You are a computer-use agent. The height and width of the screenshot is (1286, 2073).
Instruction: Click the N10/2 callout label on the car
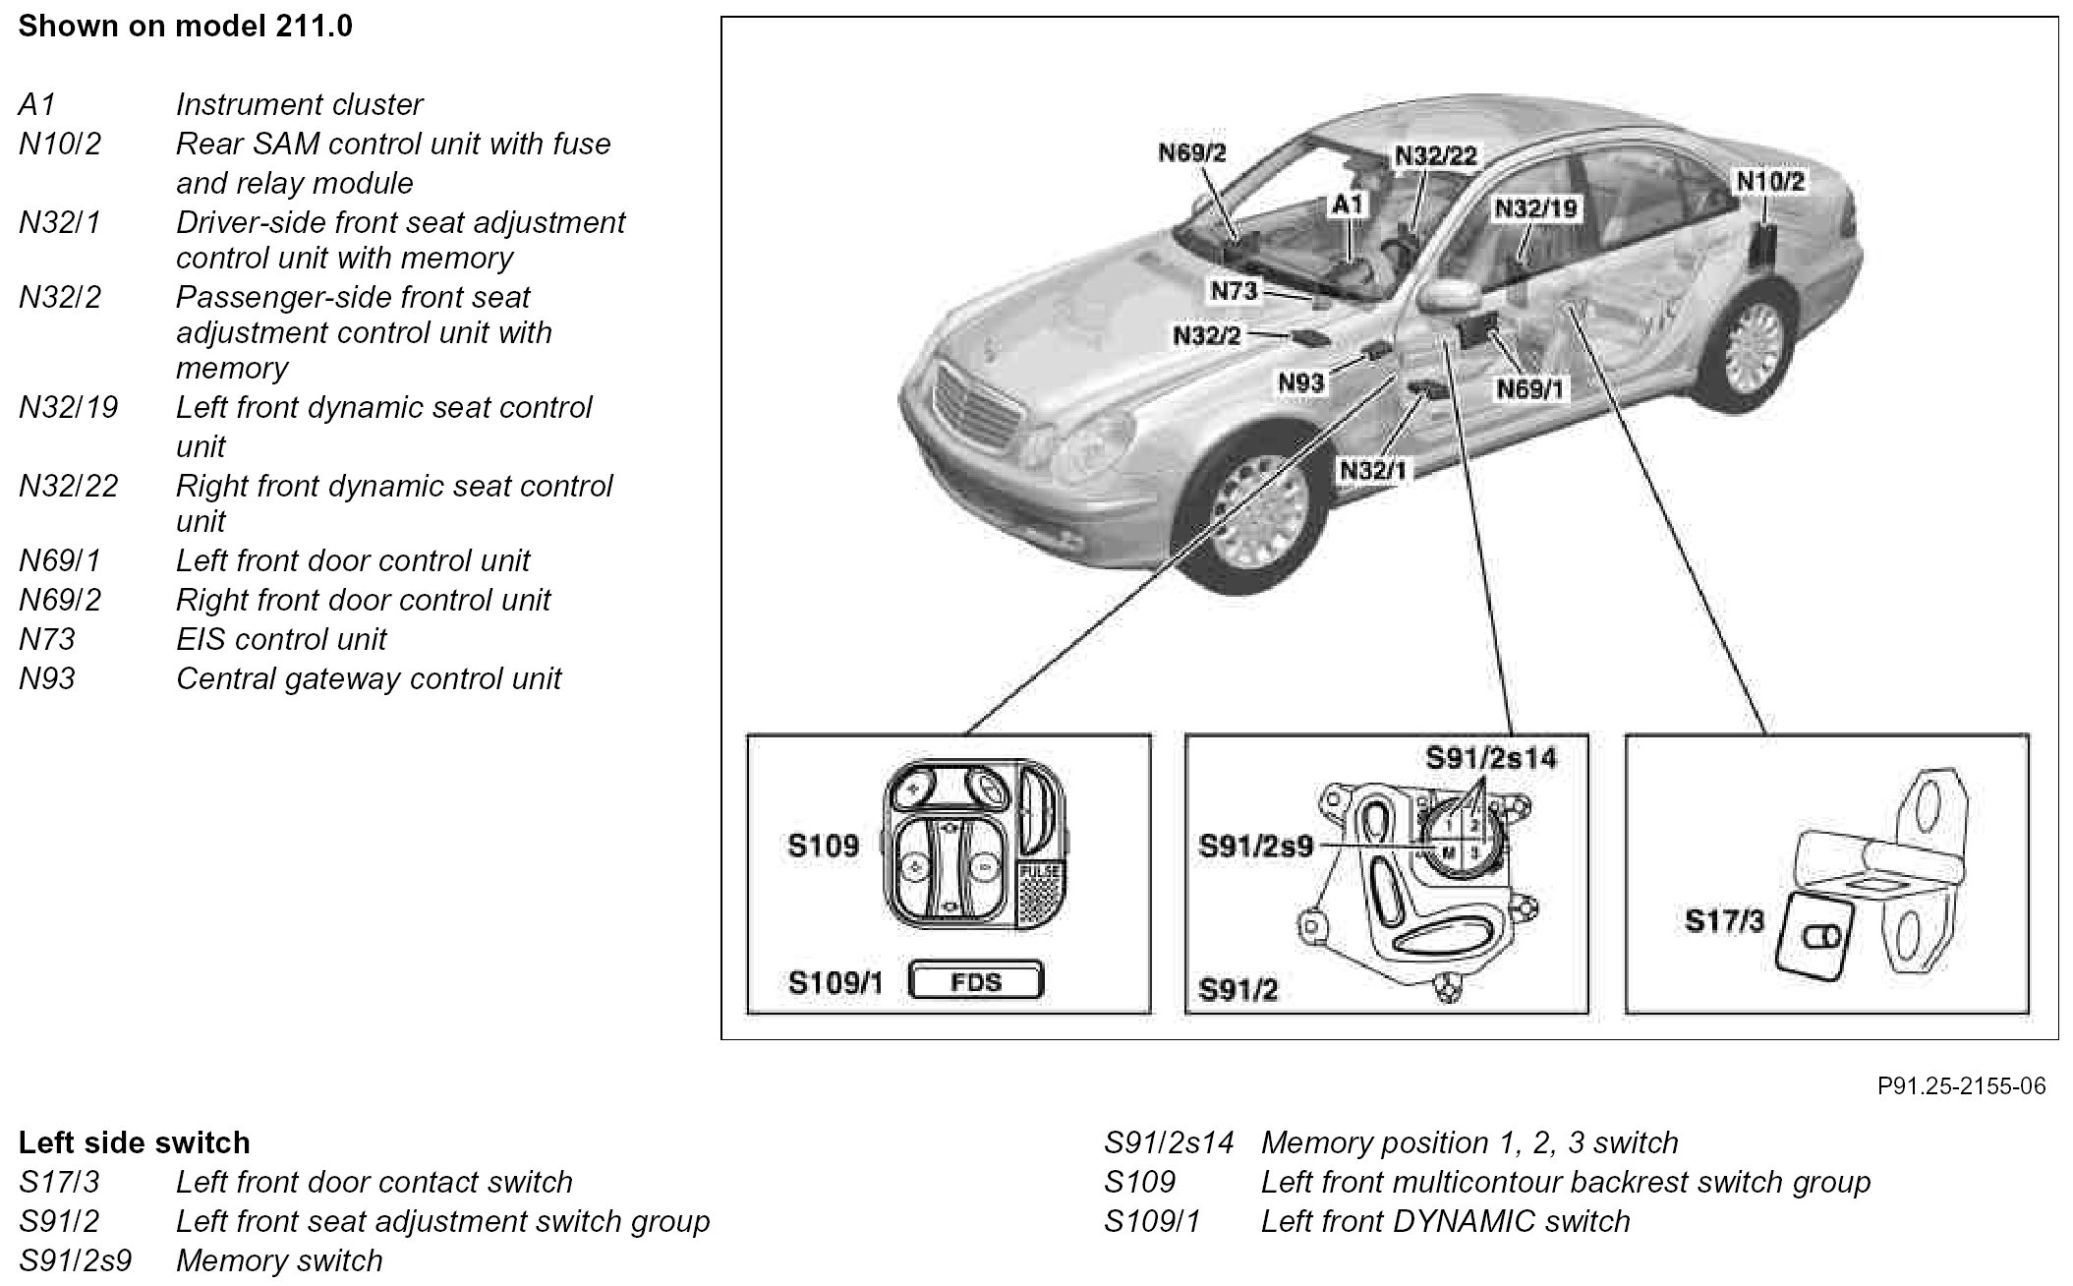pyautogui.click(x=1770, y=181)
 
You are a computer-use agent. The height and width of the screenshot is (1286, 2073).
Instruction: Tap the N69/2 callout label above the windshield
pyautogui.click(x=1191, y=152)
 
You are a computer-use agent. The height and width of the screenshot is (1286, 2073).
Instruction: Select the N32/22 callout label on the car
pyautogui.click(x=1435, y=157)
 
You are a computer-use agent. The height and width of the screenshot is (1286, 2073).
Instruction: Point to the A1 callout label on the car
pyautogui.click(x=1348, y=205)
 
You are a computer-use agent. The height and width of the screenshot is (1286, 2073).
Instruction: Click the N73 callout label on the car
pyautogui.click(x=1234, y=291)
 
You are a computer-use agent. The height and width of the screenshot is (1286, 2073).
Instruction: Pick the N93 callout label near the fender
pyautogui.click(x=1301, y=381)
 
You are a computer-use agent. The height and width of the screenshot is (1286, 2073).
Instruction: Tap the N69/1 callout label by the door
pyautogui.click(x=1529, y=389)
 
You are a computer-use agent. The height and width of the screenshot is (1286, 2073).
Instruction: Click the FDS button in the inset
pyautogui.click(x=976, y=981)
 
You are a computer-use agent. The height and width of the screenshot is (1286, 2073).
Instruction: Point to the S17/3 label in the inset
pyautogui.click(x=1723, y=921)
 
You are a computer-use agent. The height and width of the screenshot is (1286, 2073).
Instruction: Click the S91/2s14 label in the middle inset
pyautogui.click(x=1491, y=758)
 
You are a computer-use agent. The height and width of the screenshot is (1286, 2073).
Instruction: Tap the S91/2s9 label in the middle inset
pyautogui.click(x=1255, y=847)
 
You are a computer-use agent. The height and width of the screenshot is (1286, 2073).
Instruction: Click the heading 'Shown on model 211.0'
pyautogui.click(x=185, y=26)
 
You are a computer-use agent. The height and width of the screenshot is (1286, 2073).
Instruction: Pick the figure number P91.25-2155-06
pyautogui.click(x=1961, y=1085)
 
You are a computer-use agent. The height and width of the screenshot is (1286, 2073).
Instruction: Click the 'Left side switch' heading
pyautogui.click(x=134, y=1142)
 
